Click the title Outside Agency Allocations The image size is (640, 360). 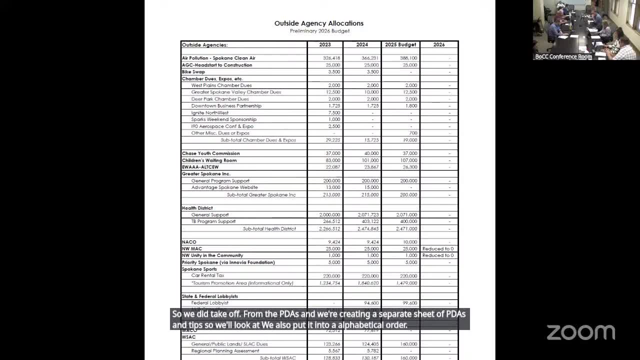pyautogui.click(x=319, y=23)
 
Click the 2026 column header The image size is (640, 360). pyautogui.click(x=439, y=45)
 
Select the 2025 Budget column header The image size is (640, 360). pyautogui.click(x=400, y=45)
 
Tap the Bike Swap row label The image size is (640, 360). pyautogui.click(x=193, y=72)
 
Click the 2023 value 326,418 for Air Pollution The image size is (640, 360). pyautogui.click(x=331, y=58)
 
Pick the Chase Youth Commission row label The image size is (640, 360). pyautogui.click(x=210, y=153)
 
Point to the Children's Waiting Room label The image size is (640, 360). pyautogui.click(x=209, y=160)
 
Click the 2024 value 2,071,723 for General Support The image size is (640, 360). pyautogui.click(x=368, y=215)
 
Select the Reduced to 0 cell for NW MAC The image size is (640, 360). pyautogui.click(x=438, y=249)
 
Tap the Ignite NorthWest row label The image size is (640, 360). pyautogui.click(x=209, y=113)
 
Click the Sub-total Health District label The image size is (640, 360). pyautogui.click(x=269, y=229)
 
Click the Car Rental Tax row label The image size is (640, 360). pyautogui.click(x=207, y=275)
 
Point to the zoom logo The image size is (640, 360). pyautogui.click(x=580, y=332)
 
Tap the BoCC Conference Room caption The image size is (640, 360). pyautogui.click(x=563, y=57)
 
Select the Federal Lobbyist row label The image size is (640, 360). pyautogui.click(x=209, y=303)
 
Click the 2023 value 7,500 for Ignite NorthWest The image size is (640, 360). pyautogui.click(x=334, y=113)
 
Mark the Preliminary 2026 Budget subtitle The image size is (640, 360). pyautogui.click(x=319, y=31)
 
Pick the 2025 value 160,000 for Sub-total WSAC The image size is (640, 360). pyautogui.click(x=408, y=358)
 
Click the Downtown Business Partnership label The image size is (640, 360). pyautogui.click(x=226, y=106)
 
